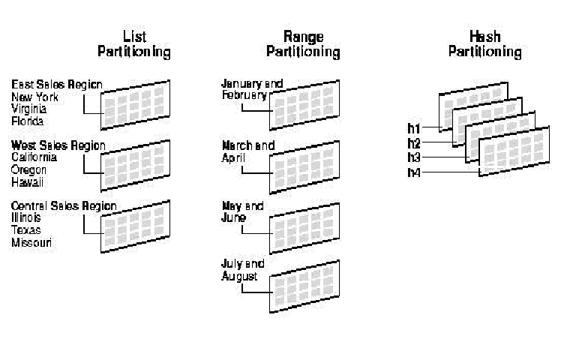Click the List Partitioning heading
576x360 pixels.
(134, 45)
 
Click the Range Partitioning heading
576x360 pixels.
(303, 45)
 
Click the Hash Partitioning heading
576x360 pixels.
(484, 45)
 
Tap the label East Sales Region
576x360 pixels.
(57, 85)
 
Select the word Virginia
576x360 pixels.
(28, 109)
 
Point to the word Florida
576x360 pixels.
(28, 121)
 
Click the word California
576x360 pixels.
(34, 157)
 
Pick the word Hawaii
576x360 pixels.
(27, 181)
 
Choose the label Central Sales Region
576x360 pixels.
(64, 205)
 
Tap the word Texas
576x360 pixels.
(25, 230)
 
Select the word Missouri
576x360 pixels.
(31, 242)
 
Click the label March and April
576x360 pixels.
(247, 151)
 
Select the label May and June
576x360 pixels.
(241, 211)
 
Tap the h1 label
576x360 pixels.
(414, 128)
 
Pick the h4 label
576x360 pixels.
(414, 172)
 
